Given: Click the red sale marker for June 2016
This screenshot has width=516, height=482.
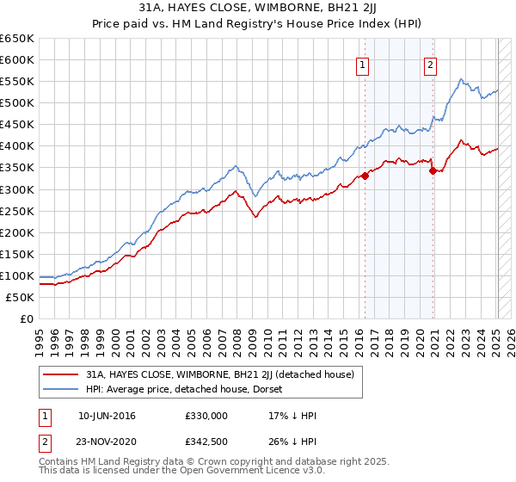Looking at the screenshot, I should coord(365,176).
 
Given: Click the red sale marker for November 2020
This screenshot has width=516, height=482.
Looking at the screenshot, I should coord(433,170).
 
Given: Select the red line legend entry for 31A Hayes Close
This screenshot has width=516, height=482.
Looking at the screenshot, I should coord(225,375).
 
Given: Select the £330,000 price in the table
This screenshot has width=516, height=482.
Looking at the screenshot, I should coord(206,416).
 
